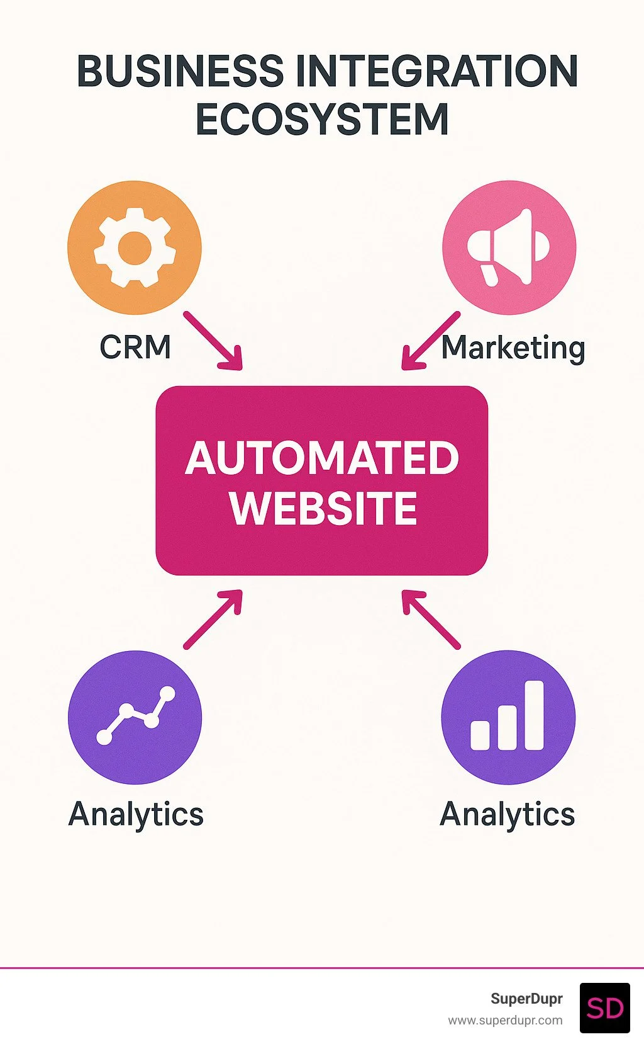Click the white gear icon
[x=134, y=248]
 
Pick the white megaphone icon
[x=508, y=247]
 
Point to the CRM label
[x=135, y=347]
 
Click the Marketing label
[x=513, y=348]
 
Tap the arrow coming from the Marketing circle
[x=430, y=341]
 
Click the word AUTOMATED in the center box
[x=322, y=458]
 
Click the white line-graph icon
[x=135, y=717]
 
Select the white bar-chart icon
[x=508, y=717]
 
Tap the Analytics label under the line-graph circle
[x=136, y=814]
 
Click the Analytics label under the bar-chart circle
[x=507, y=814]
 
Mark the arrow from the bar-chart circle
[x=431, y=619]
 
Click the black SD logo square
[x=604, y=1008]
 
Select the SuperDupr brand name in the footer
[x=526, y=999]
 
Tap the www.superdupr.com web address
[x=505, y=1020]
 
